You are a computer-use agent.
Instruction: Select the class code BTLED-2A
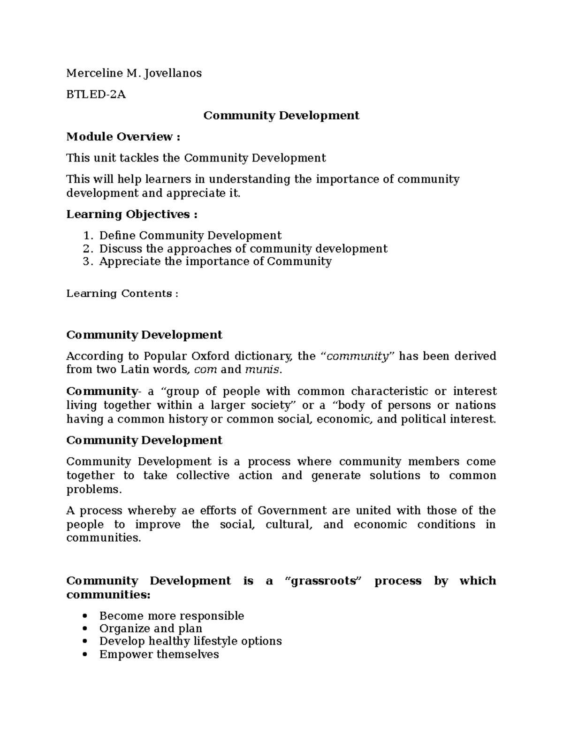point(96,94)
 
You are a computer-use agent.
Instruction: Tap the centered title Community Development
point(281,115)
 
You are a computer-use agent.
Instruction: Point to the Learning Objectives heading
point(131,214)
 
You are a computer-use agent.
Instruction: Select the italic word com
point(205,369)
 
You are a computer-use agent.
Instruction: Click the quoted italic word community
point(358,356)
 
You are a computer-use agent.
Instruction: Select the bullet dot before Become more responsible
point(85,616)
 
